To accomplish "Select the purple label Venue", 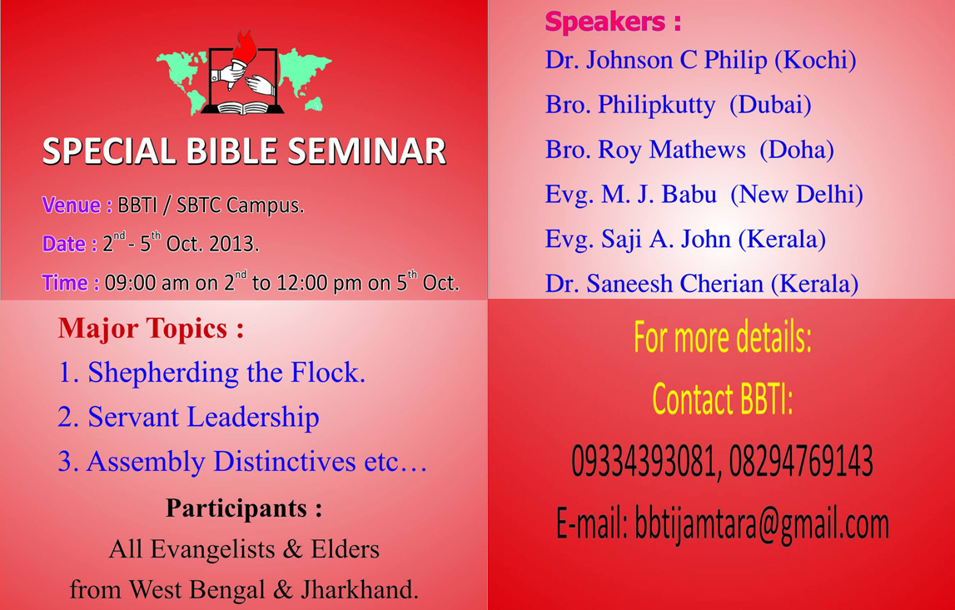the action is pyautogui.click(x=72, y=206).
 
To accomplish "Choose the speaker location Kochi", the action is pyautogui.click(x=815, y=60).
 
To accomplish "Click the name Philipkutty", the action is pyautogui.click(x=657, y=106).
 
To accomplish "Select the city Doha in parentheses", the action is pyautogui.click(x=797, y=150).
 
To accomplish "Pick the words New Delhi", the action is pyautogui.click(x=796, y=194).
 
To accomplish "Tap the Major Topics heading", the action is pyautogui.click(x=151, y=329).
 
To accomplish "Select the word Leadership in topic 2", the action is pyautogui.click(x=253, y=418).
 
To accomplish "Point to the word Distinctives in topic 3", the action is pyautogui.click(x=285, y=462).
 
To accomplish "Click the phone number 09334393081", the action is pyautogui.click(x=642, y=461).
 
